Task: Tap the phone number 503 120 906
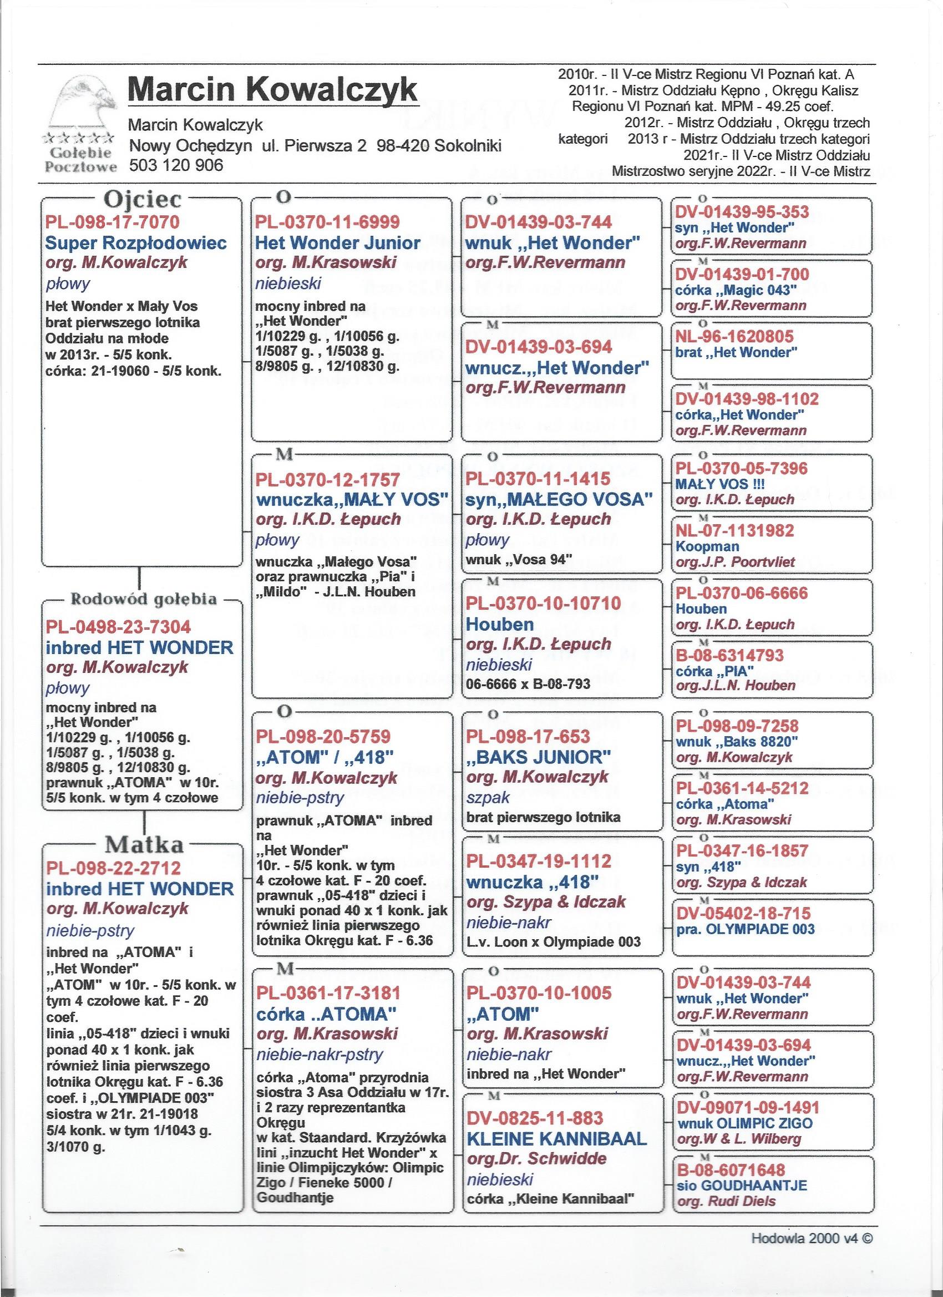pos(176,165)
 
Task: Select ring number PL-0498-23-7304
pos(118,627)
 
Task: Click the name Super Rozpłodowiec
pos(136,242)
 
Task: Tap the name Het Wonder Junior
pos(338,242)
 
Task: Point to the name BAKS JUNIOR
pos(539,757)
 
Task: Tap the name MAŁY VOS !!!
pos(719,484)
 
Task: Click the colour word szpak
pos(488,797)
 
